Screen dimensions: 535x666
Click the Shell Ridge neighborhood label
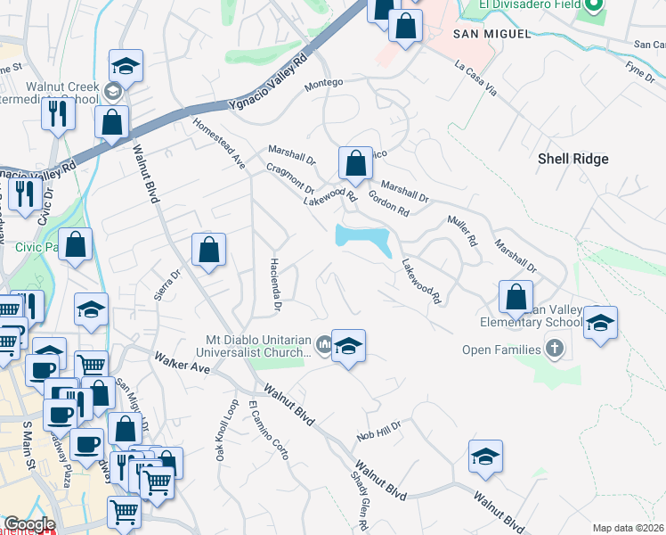point(573,159)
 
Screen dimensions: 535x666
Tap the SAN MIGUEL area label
point(491,33)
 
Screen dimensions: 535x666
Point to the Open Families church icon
point(556,348)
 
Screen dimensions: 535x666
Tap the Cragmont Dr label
point(289,177)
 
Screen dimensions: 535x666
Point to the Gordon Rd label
point(388,204)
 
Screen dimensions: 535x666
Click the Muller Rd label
point(463,229)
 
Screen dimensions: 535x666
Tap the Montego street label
point(323,86)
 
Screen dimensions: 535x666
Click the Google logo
point(29,523)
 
